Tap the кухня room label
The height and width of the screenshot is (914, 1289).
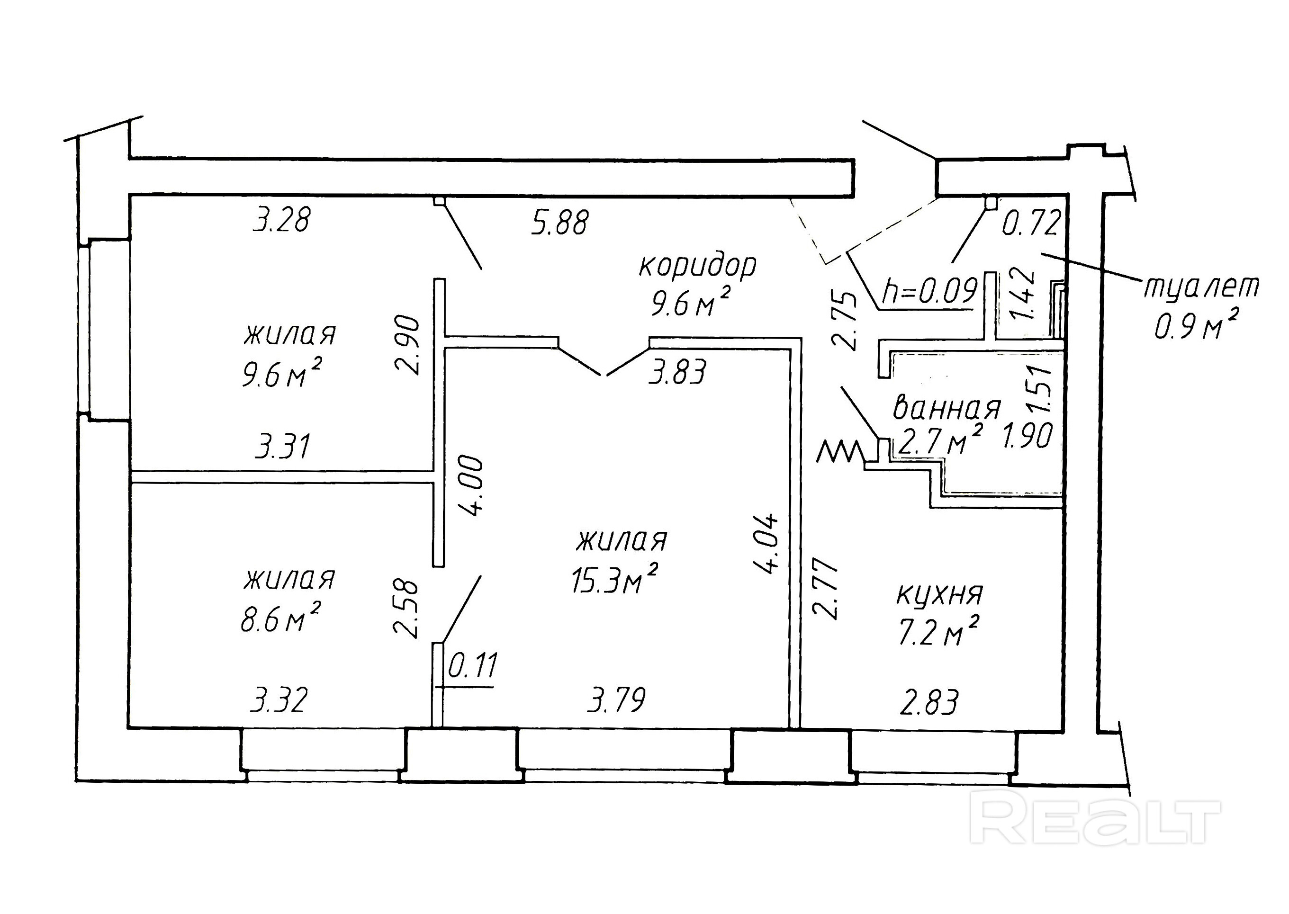(x=939, y=595)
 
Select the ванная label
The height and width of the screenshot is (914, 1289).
(x=947, y=409)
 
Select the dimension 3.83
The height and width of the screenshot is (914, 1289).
(x=677, y=372)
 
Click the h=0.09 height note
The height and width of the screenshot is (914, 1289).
(x=929, y=292)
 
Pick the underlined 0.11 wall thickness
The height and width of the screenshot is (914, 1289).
(x=473, y=666)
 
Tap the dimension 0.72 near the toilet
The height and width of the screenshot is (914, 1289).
(x=1031, y=223)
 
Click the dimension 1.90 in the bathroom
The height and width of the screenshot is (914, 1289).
(x=1027, y=436)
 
